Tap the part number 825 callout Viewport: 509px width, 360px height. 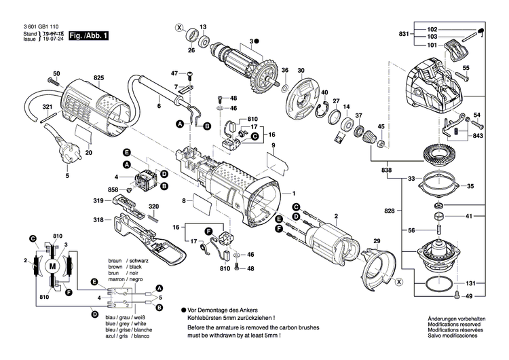pyautogui.click(x=98, y=79)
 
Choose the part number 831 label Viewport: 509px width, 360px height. pyautogui.click(x=404, y=34)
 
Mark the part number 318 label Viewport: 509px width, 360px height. pyautogui.click(x=98, y=221)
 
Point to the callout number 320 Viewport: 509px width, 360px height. pyautogui.click(x=153, y=206)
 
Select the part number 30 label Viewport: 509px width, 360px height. pyautogui.click(x=301, y=69)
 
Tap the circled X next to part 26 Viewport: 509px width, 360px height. pyautogui.click(x=179, y=29)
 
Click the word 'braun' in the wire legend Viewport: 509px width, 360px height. pyautogui.click(x=116, y=261)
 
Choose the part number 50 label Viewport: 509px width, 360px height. pyautogui.click(x=56, y=73)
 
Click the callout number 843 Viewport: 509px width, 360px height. pyautogui.click(x=478, y=135)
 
